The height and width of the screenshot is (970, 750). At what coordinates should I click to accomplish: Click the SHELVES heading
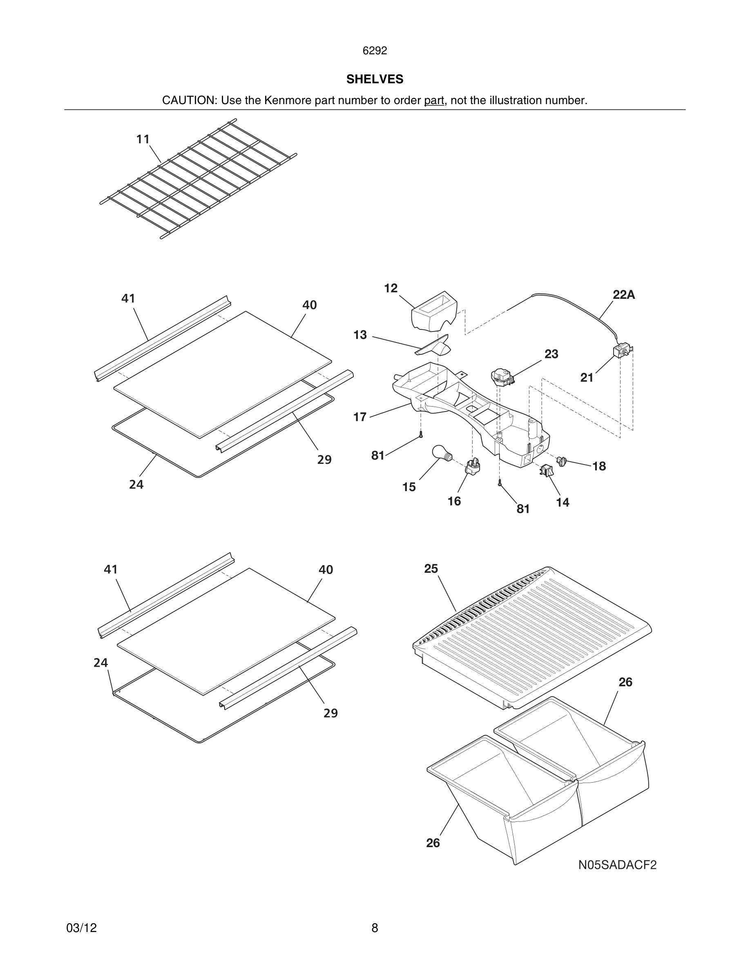(375, 79)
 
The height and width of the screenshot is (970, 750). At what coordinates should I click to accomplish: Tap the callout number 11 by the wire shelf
(143, 140)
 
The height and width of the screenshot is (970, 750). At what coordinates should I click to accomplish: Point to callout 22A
(623, 295)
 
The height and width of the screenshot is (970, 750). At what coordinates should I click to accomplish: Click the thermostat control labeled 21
(621, 352)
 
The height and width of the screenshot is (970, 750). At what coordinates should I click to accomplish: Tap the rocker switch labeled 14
(547, 470)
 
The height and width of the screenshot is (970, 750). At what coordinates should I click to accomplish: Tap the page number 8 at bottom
(375, 928)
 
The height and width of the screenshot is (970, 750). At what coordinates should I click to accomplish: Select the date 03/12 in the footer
(81, 928)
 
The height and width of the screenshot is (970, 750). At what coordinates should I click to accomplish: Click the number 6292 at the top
(375, 51)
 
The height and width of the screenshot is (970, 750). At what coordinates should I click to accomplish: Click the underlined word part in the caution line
(434, 101)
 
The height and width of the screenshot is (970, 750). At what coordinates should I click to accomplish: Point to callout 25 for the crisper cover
(431, 569)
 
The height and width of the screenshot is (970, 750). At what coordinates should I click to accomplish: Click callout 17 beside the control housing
(359, 417)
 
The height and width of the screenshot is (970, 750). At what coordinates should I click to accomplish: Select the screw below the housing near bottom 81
(500, 483)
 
